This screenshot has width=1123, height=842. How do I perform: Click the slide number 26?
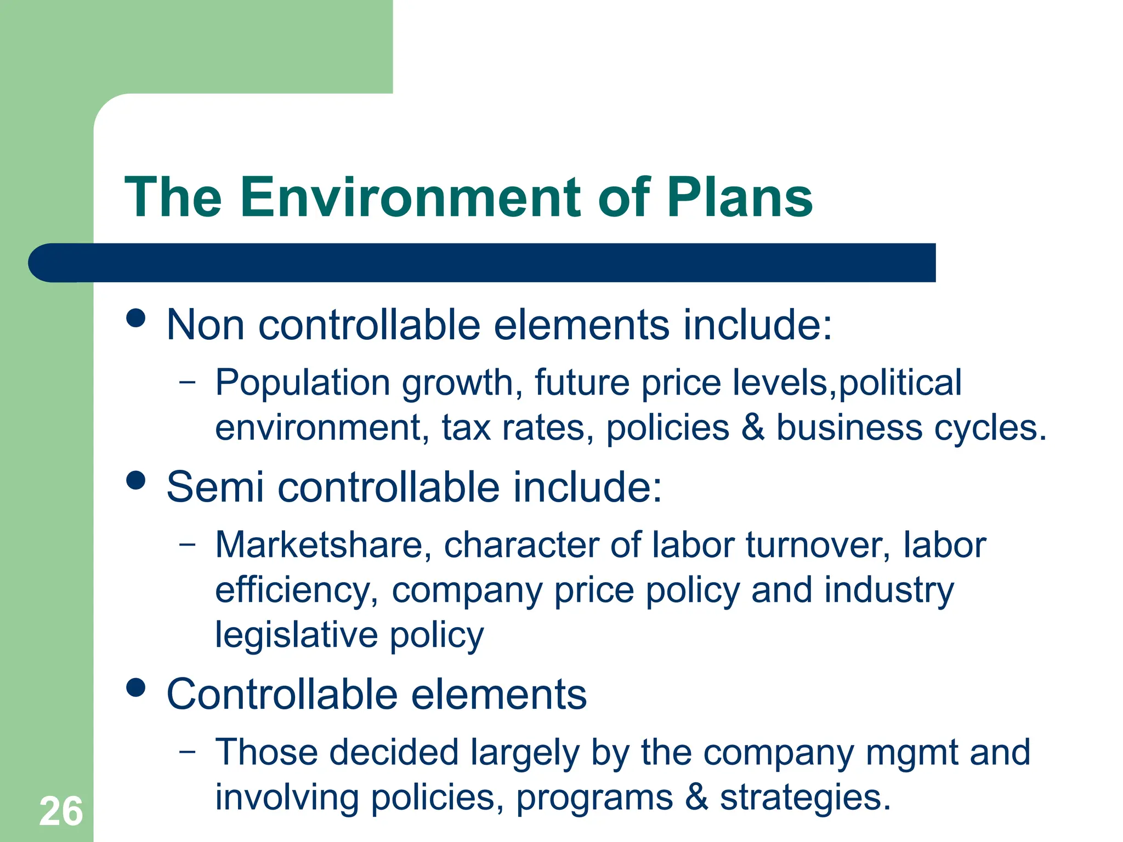[61, 812]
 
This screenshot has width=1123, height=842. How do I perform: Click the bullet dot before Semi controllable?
[135, 480]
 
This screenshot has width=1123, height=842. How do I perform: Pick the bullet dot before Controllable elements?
[135, 687]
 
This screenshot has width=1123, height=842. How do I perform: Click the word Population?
[302, 383]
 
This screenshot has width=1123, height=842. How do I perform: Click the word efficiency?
[296, 591]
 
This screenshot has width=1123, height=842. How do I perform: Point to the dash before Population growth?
[187, 381]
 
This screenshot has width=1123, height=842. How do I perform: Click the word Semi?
[215, 487]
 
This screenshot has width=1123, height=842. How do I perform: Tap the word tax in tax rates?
[466, 428]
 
